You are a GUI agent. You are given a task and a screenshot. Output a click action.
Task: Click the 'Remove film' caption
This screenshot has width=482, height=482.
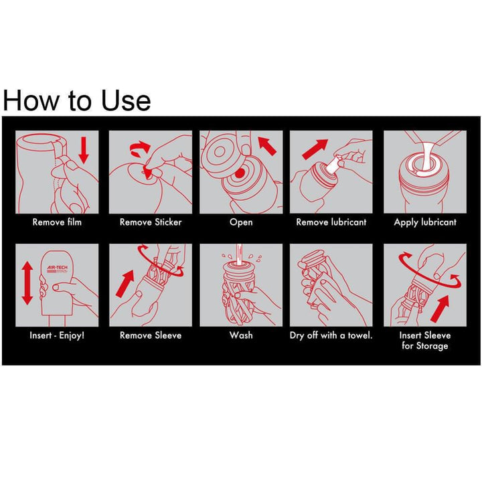[57, 222]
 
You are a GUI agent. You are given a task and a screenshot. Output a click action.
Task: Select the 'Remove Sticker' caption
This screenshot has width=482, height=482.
[151, 222]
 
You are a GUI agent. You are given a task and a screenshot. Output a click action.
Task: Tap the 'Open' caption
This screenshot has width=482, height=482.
[241, 222]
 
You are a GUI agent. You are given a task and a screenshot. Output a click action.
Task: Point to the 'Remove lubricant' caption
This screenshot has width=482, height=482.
[331, 222]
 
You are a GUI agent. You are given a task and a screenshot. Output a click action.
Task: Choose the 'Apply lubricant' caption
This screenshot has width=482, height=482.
[425, 222]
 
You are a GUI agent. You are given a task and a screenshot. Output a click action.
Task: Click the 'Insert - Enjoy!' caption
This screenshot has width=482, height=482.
[57, 335]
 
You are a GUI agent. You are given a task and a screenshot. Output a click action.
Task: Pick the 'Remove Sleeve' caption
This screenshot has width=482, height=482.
[151, 335]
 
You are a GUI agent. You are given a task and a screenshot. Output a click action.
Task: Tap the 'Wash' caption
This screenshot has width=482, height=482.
[241, 335]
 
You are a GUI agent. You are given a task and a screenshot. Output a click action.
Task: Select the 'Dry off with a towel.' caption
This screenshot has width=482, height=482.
[331, 335]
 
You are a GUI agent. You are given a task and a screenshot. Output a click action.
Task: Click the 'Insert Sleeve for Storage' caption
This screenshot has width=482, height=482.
[425, 340]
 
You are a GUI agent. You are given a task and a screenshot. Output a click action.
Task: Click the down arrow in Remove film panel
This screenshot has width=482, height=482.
[84, 149]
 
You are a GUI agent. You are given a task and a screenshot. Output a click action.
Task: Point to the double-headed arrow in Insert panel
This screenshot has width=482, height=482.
[27, 283]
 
